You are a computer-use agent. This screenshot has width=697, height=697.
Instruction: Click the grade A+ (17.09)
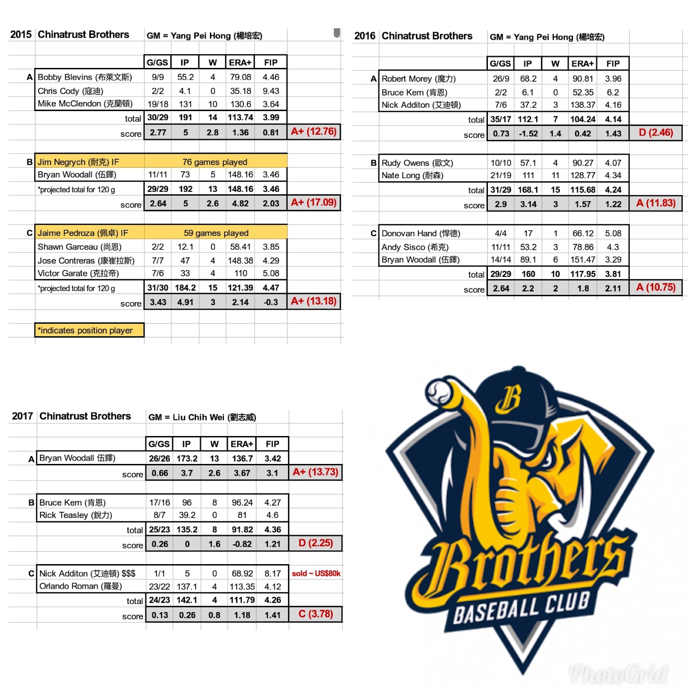[x=314, y=203]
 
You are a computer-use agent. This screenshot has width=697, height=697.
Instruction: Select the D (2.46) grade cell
[x=656, y=132]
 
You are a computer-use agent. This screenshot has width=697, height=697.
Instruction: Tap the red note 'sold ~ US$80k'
[x=316, y=573]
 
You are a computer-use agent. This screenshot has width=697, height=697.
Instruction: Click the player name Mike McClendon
[x=85, y=104]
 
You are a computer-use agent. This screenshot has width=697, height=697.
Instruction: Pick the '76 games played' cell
[x=215, y=162]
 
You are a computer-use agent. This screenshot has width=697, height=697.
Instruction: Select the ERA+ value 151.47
[x=583, y=260]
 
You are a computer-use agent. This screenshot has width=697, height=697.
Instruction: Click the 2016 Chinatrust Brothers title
[x=413, y=36]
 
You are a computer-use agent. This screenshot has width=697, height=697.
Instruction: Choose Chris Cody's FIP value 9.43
[x=271, y=91]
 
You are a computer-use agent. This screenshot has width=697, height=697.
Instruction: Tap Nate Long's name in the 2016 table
[x=412, y=176]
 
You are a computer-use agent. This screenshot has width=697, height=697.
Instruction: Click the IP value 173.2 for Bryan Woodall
[x=187, y=458]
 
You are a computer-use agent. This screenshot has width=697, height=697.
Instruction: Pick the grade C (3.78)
[x=315, y=614]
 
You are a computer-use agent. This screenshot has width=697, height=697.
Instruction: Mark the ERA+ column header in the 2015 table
[x=240, y=62]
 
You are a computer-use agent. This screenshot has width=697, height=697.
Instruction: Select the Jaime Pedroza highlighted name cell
[x=83, y=233]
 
